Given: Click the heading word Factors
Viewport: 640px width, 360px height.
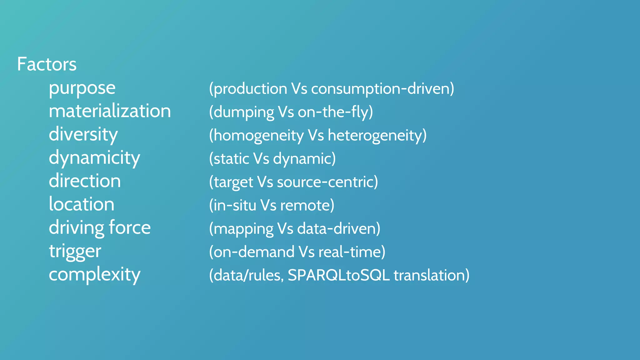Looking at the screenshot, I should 47,64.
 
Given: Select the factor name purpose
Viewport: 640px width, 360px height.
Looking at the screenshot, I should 82,88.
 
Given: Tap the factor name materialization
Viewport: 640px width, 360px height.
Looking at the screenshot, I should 110,111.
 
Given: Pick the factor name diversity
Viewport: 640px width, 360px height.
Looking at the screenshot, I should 83,135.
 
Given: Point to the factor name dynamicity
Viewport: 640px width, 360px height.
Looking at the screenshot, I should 94,158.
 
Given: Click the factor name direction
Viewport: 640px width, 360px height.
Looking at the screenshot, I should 85,181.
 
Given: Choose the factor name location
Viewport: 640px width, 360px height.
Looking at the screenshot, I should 82,204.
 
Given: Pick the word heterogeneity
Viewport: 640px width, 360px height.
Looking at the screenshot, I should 375,136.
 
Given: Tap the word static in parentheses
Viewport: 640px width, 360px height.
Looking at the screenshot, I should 231,159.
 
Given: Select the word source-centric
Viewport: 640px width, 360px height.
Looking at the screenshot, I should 326,182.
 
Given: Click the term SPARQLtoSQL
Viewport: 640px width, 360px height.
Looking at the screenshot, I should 338,275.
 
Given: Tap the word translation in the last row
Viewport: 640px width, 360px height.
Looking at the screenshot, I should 429,275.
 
